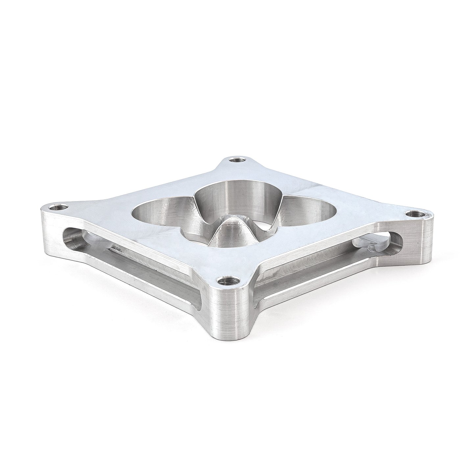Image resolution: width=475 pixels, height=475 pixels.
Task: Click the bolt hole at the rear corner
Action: tap(237, 160)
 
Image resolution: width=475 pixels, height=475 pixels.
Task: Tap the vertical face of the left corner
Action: tap(49, 227)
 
